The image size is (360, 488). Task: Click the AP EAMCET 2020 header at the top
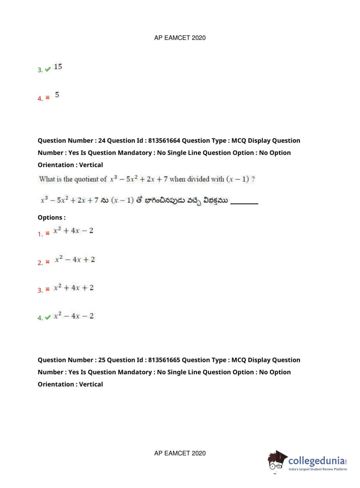pyautogui.click(x=180, y=38)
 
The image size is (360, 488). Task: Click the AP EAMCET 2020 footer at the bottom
pyautogui.click(x=180, y=453)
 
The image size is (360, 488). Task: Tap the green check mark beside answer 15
pyautogui.click(x=48, y=69)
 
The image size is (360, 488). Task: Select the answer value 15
pyautogui.click(x=58, y=67)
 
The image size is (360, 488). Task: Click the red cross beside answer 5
pyautogui.click(x=47, y=98)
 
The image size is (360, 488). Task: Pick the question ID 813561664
pyautogui.click(x=164, y=140)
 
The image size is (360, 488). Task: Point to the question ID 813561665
pyautogui.click(x=164, y=360)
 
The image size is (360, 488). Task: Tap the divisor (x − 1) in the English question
pyautogui.click(x=237, y=179)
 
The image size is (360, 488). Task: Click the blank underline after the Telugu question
pyautogui.click(x=244, y=203)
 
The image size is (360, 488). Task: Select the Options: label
pyautogui.click(x=52, y=217)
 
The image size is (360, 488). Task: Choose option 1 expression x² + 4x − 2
pyautogui.click(x=73, y=231)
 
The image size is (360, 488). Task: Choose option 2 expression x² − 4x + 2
pyautogui.click(x=75, y=259)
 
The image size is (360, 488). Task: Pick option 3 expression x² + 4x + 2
pyautogui.click(x=73, y=288)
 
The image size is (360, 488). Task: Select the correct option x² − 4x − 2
pyautogui.click(x=73, y=316)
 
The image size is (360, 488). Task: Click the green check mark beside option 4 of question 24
pyautogui.click(x=48, y=318)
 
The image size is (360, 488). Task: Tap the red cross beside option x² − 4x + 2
pyautogui.click(x=47, y=262)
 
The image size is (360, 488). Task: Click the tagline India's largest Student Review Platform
pyautogui.click(x=318, y=469)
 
